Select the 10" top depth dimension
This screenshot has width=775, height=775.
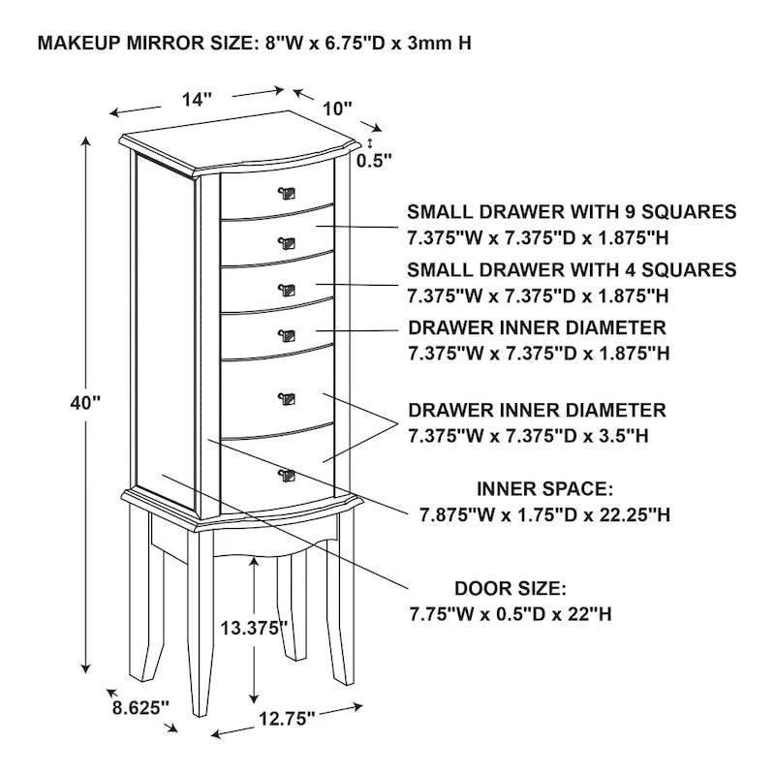tap(337, 108)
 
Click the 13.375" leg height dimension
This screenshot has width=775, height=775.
tap(255, 628)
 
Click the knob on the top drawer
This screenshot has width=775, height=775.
tap(287, 192)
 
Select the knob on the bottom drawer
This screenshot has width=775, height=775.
tap(286, 474)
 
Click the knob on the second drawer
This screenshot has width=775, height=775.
tap(287, 241)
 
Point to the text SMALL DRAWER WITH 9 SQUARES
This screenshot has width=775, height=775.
tap(572, 212)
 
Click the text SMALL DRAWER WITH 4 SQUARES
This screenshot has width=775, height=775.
tap(572, 269)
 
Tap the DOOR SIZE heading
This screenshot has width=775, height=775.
tap(510, 589)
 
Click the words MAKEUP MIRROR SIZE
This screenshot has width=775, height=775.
tap(145, 45)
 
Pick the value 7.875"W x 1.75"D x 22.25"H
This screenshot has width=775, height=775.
tap(544, 513)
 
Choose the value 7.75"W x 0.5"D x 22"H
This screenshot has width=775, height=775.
tap(510, 614)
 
